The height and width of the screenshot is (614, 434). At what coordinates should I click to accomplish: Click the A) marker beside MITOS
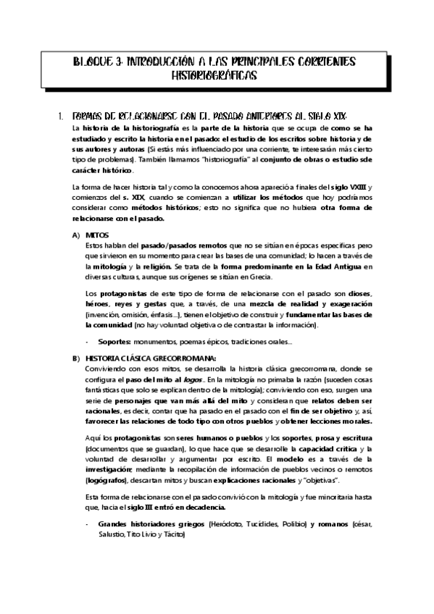point(76,235)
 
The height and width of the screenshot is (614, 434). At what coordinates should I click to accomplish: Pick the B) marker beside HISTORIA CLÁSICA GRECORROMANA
point(76,358)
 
